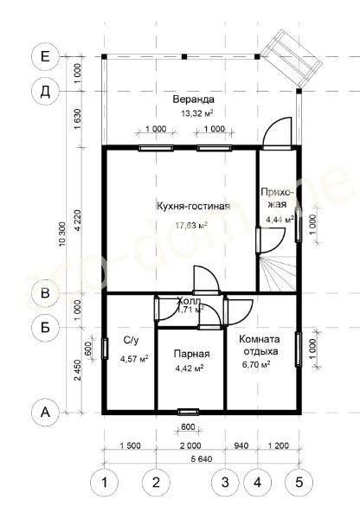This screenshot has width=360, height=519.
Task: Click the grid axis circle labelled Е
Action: click(45, 56)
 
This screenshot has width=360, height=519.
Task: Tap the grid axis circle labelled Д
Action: click(45, 92)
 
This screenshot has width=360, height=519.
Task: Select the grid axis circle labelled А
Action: click(45, 413)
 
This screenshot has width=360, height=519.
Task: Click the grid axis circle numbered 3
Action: click(225, 483)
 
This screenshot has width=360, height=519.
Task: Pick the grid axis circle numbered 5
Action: click(299, 483)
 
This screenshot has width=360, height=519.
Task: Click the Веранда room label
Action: click(194, 99)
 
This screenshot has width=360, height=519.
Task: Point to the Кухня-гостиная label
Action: click(193, 206)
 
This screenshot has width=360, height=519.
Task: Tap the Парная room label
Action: click(192, 354)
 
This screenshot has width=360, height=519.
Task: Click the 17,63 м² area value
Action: click(191, 226)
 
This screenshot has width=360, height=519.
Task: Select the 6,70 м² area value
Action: click(256, 365)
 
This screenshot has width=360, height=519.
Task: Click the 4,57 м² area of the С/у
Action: click(134, 359)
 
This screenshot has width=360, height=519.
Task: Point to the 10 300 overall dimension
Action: click(62, 234)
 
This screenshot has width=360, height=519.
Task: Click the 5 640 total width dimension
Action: click(201, 459)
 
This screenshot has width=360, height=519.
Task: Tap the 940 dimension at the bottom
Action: click(241, 445)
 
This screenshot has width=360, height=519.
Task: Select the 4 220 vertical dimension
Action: click(78, 221)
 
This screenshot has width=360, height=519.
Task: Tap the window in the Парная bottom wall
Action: click(188, 412)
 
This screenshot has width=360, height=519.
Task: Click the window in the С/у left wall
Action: click(105, 349)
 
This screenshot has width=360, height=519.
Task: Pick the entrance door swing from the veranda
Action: click(277, 132)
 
